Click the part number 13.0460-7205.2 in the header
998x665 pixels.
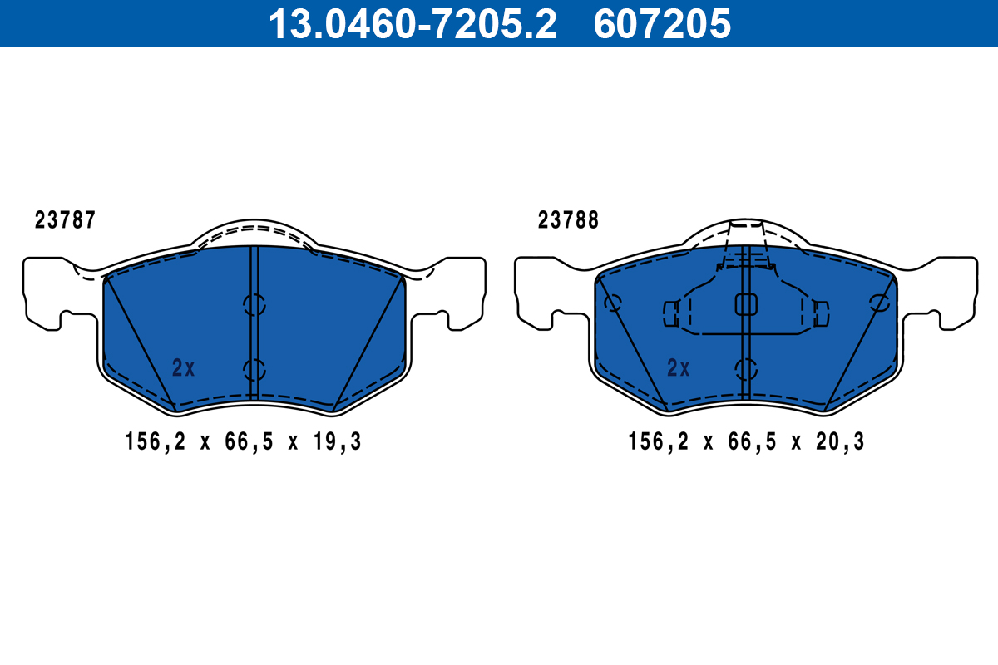point(413,24)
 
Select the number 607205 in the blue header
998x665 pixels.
point(662,24)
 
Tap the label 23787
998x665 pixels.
point(65,220)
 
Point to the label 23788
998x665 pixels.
point(568,220)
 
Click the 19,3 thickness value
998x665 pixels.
point(338,442)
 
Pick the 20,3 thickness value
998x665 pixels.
point(840,442)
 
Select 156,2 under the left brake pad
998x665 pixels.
point(155,442)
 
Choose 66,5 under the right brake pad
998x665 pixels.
point(752,442)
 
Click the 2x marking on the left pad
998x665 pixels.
point(183,368)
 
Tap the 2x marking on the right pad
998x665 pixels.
point(678,368)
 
